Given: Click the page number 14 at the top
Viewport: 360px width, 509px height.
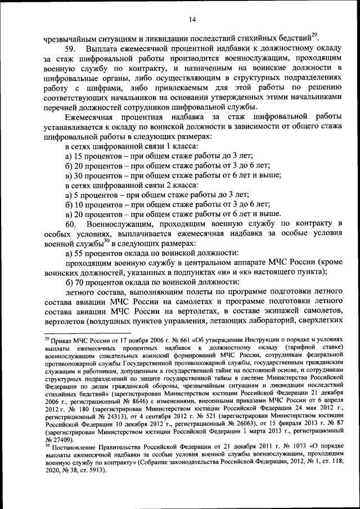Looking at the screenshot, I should [x=192, y=20].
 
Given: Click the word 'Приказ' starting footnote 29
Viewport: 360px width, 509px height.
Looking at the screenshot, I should [x=62, y=340].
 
